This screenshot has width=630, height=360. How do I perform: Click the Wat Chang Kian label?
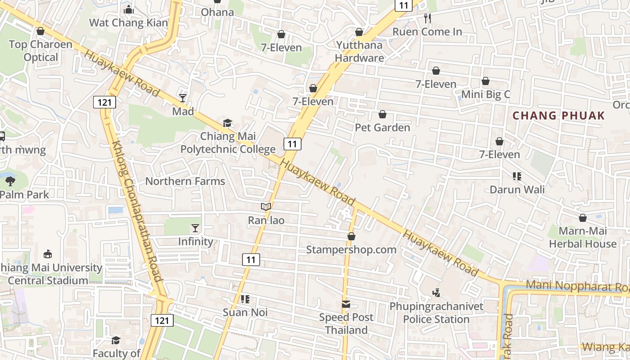tap(128, 22)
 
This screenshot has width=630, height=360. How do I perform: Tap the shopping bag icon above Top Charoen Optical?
tap(40, 31)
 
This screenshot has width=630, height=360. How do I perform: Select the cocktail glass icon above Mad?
tap(183, 98)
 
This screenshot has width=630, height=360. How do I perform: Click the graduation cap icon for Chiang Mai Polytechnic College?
tap(228, 123)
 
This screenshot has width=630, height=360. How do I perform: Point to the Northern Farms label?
tap(185, 181)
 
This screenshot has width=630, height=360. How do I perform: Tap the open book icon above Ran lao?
tap(266, 207)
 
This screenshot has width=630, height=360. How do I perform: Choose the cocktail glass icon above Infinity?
tap(195, 228)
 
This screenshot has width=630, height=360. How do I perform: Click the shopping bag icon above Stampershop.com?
tap(351, 236)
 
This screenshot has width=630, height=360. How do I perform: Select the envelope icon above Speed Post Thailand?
tap(346, 304)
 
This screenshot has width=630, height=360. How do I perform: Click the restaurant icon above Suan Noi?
tap(245, 299)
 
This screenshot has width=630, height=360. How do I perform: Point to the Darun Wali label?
tap(517, 189)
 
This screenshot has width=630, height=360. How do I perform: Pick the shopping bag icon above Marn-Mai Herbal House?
tap(583, 218)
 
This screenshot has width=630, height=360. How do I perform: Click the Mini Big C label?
tap(486, 94)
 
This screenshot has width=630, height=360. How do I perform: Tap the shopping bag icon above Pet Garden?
tap(382, 114)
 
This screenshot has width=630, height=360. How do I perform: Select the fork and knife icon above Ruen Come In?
tap(427, 18)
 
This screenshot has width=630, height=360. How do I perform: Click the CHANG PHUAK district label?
tap(559, 116)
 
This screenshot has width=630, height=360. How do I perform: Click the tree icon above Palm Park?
tap(10, 181)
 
